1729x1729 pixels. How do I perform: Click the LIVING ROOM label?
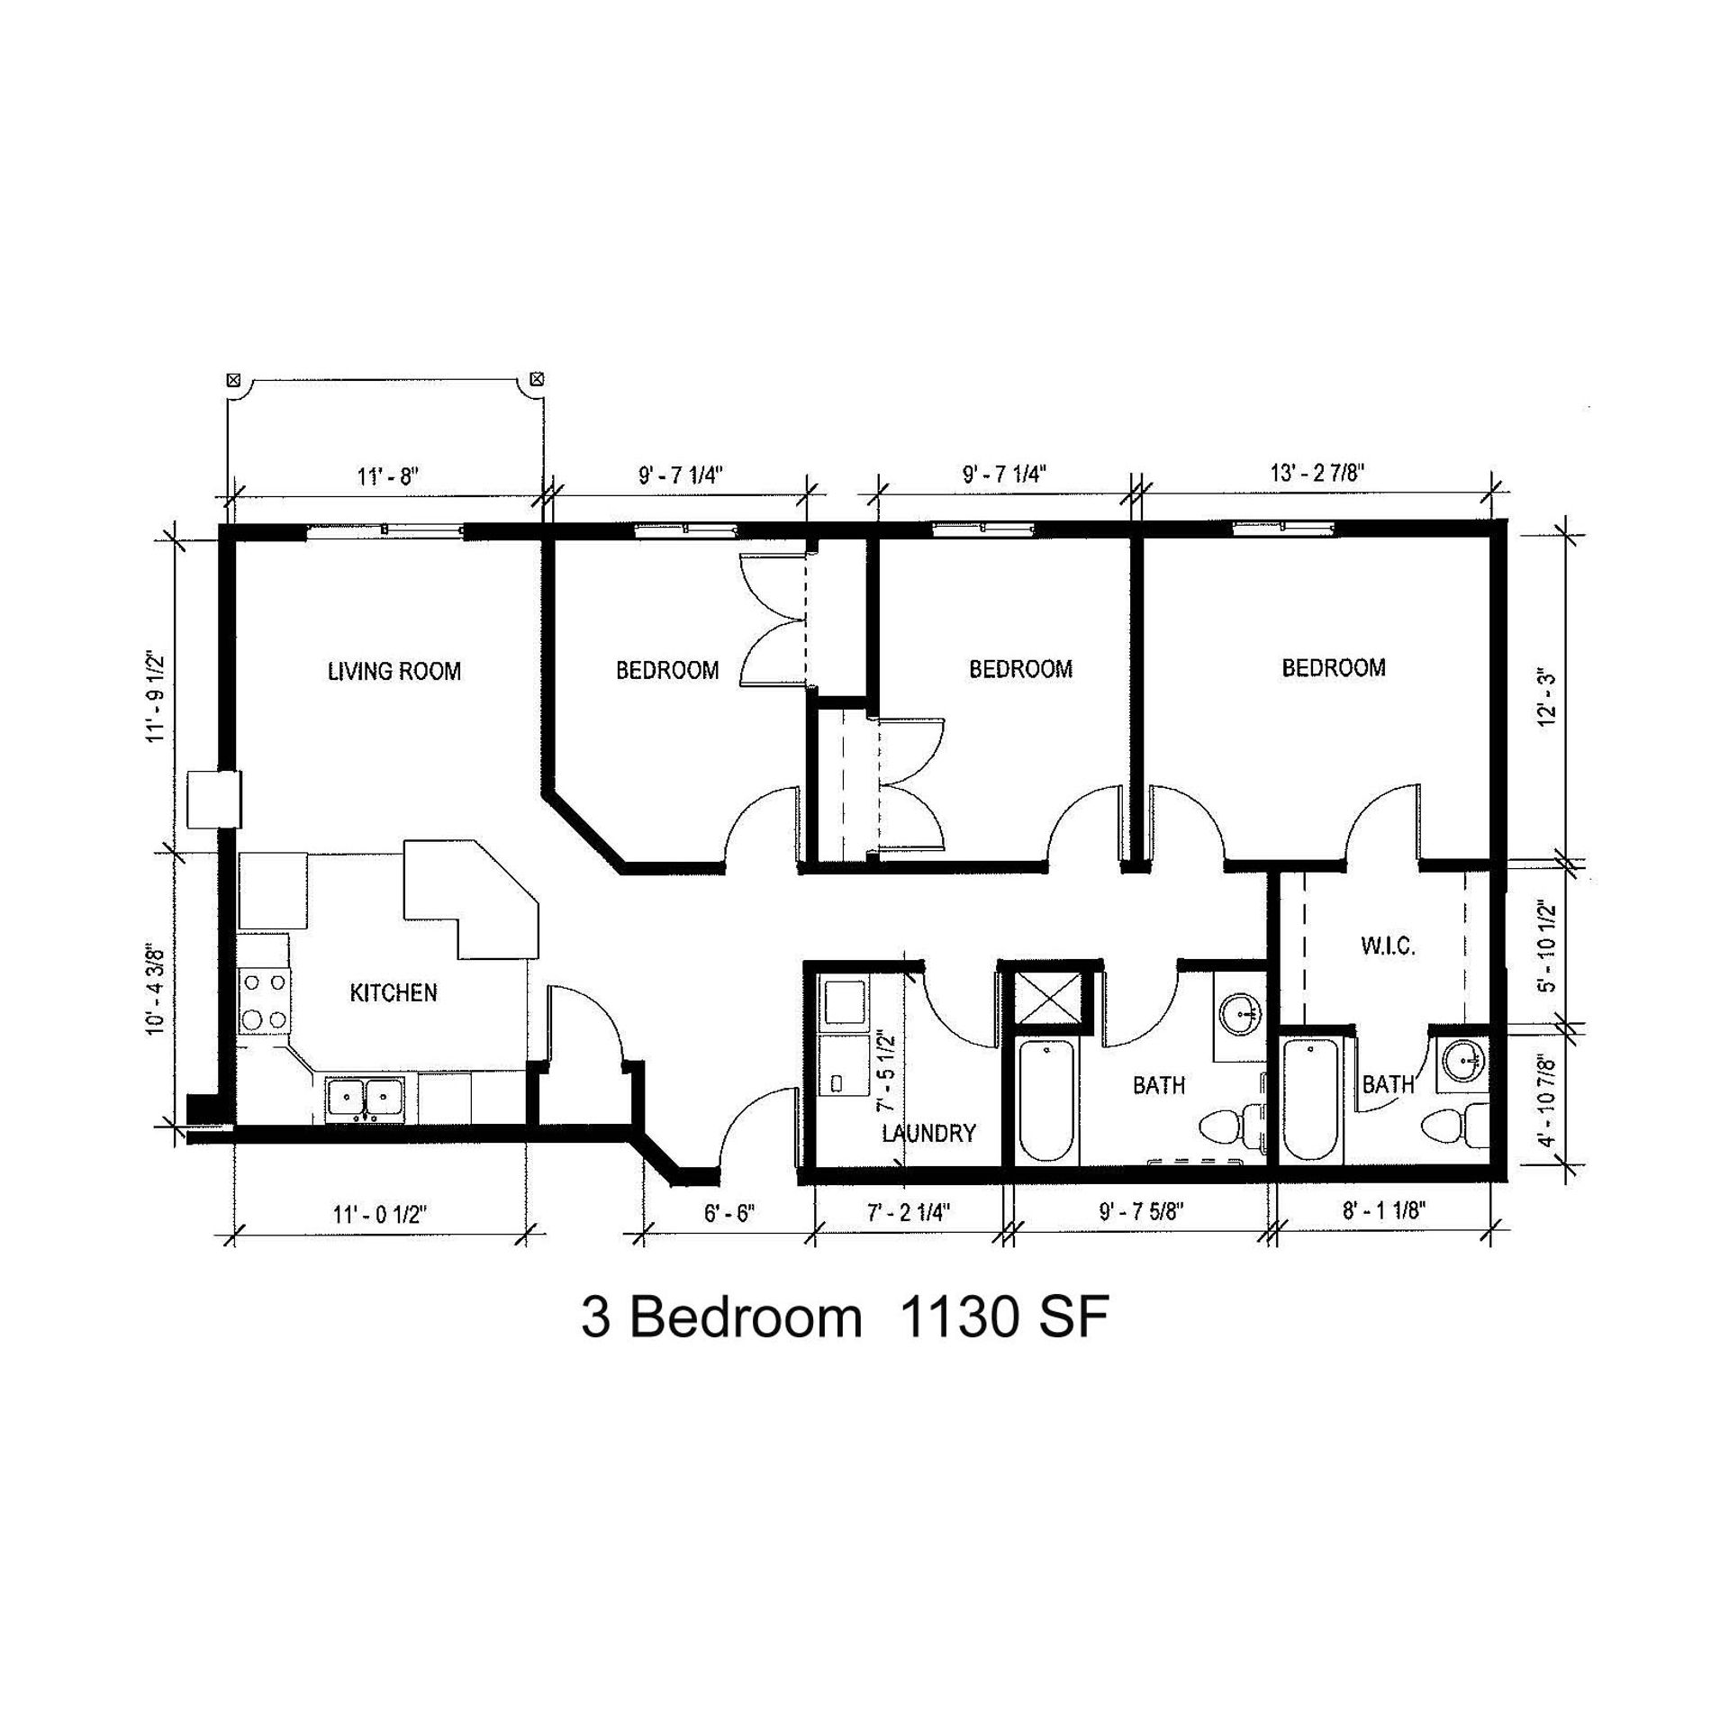coord(394,671)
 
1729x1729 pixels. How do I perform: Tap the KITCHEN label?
coord(394,992)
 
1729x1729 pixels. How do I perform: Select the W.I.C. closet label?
coord(1388,946)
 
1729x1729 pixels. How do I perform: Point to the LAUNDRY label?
coord(928,1133)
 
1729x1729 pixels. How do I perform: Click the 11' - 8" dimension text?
coord(388,475)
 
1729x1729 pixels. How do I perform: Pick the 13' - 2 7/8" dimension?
coord(1317,473)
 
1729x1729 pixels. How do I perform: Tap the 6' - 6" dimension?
coord(729,1214)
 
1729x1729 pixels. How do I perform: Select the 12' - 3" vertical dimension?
coord(1547,698)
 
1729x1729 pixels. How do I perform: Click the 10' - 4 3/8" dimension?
coord(156,989)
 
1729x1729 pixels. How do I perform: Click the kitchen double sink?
coord(366,1099)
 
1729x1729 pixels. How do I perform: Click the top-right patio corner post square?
coord(538,378)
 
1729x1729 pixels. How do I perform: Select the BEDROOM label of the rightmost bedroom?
coord(1334,667)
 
